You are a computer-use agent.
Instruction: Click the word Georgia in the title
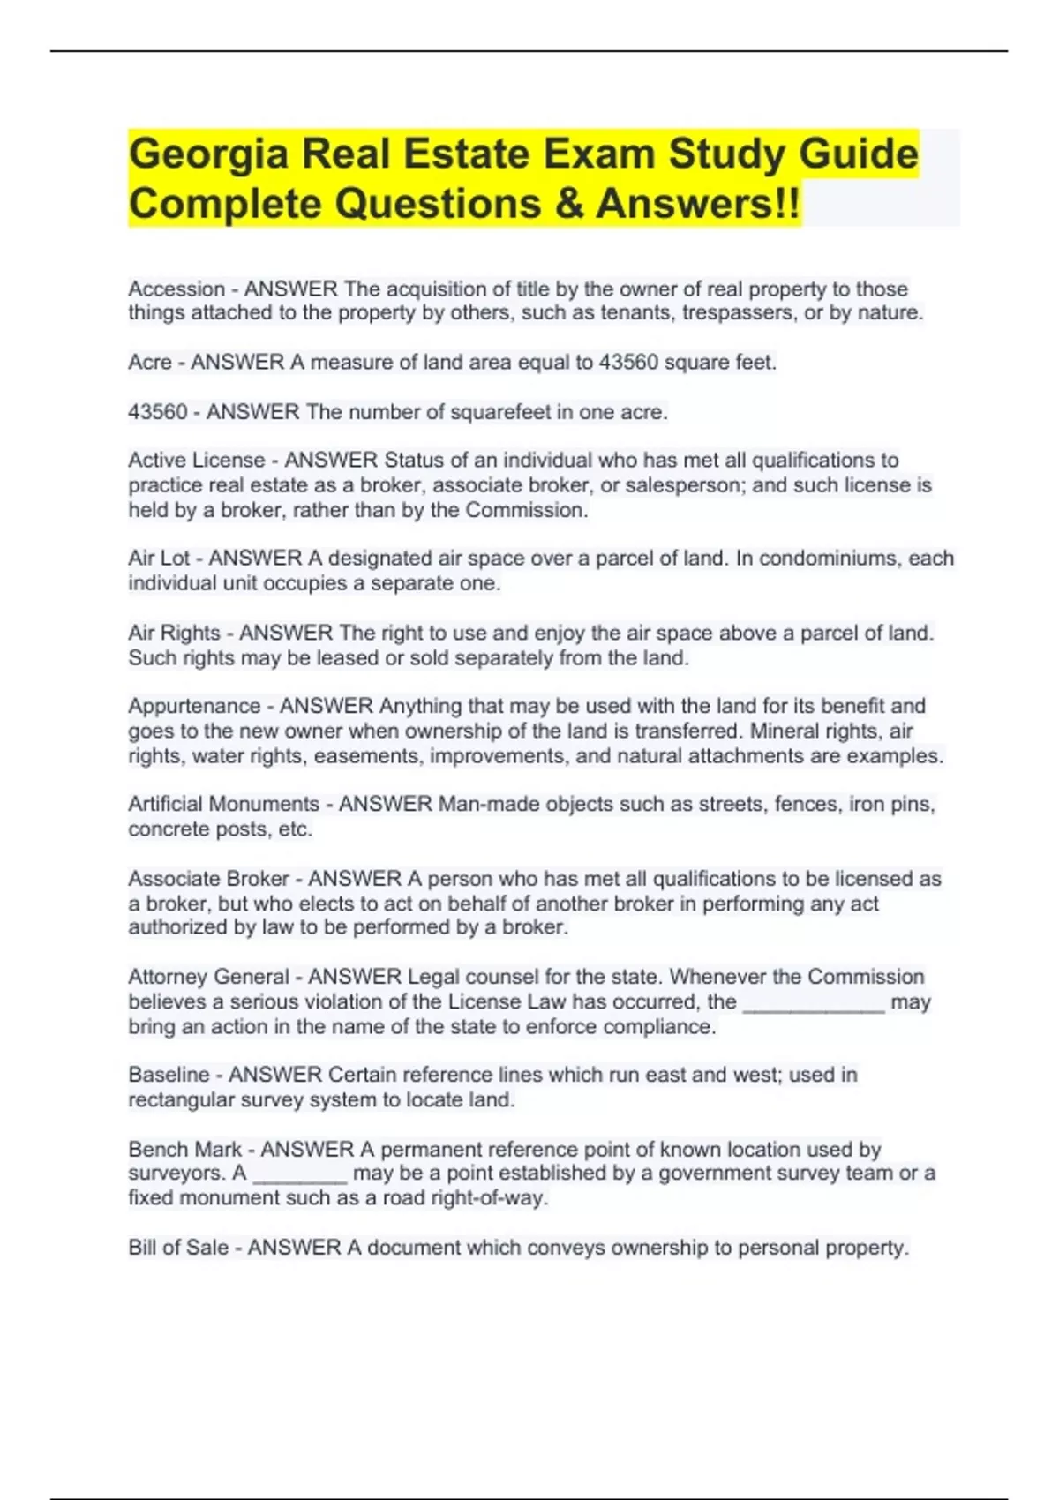(208, 154)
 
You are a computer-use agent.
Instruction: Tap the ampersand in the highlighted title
(568, 204)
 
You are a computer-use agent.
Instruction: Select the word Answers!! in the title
(699, 204)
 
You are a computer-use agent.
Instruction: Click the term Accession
(176, 289)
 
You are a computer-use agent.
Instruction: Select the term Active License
(196, 460)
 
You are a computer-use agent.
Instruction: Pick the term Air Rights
(174, 633)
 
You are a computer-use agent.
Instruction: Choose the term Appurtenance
(194, 706)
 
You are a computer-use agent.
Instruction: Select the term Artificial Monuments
(223, 804)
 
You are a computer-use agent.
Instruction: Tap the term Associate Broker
(208, 879)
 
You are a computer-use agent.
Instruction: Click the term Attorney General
(208, 977)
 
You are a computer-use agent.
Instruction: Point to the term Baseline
(169, 1075)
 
